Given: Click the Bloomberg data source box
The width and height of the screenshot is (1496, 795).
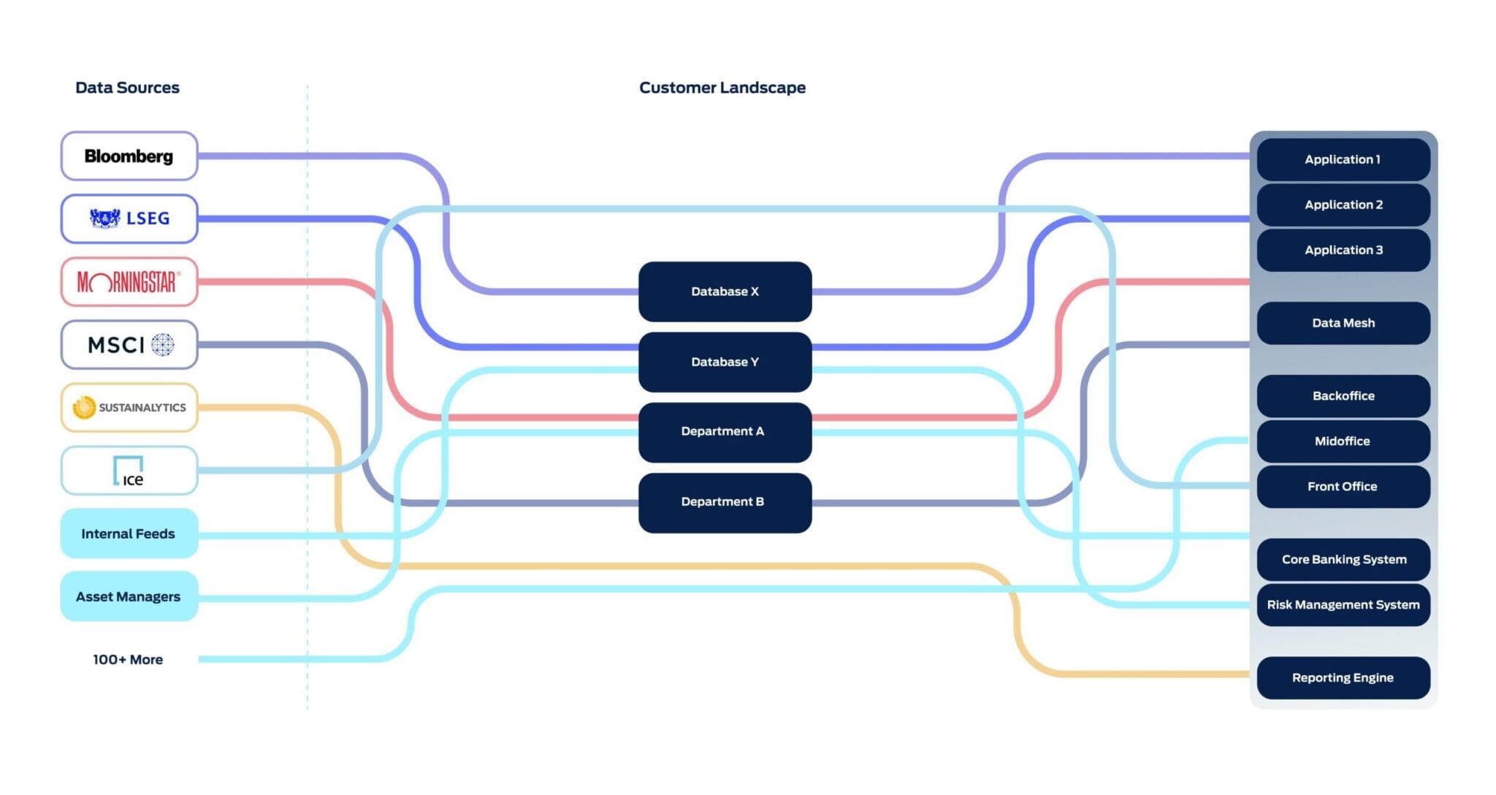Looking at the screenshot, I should point(129,156).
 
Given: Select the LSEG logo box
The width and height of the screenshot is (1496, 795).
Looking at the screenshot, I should point(129,218).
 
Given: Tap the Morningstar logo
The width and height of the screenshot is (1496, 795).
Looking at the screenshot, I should point(129,281).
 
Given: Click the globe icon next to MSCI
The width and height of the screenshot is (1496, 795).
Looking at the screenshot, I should point(163,344).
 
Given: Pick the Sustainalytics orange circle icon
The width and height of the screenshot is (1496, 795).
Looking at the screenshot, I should point(84,407).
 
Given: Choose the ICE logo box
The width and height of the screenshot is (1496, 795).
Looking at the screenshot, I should point(129,471).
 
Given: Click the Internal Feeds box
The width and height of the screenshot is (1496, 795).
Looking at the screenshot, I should point(129,533).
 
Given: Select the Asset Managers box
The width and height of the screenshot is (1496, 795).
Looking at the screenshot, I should point(129,596).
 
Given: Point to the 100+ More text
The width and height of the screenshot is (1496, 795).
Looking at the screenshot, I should point(128,659).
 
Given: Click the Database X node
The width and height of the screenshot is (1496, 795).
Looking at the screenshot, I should point(725,292).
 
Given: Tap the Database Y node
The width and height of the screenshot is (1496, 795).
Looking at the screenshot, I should point(725,362).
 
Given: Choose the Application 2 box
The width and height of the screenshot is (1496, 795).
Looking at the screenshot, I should point(1343,205).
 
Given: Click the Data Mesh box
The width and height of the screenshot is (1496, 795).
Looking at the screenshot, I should point(1343,323).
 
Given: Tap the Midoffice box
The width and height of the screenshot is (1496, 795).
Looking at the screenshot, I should point(1343,441).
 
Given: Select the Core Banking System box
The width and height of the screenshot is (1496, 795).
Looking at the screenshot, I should point(1343,560).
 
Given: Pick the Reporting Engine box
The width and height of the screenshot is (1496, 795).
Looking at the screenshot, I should point(1343,677).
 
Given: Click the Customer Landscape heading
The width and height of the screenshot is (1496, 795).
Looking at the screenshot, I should point(722,88).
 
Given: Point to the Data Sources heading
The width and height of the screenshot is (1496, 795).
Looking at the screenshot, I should point(127,88).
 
